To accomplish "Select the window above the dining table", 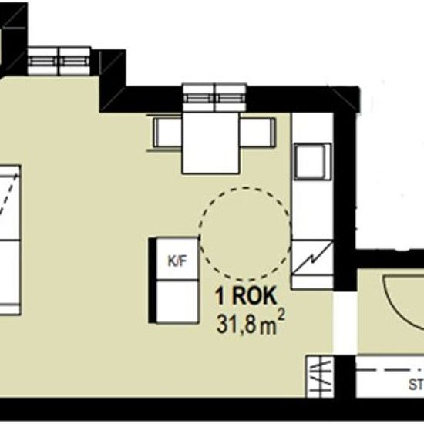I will point(215,95).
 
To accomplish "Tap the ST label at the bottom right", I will point(416,385).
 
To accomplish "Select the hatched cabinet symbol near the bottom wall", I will point(319,375).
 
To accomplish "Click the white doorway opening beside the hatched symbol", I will point(345,375).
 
